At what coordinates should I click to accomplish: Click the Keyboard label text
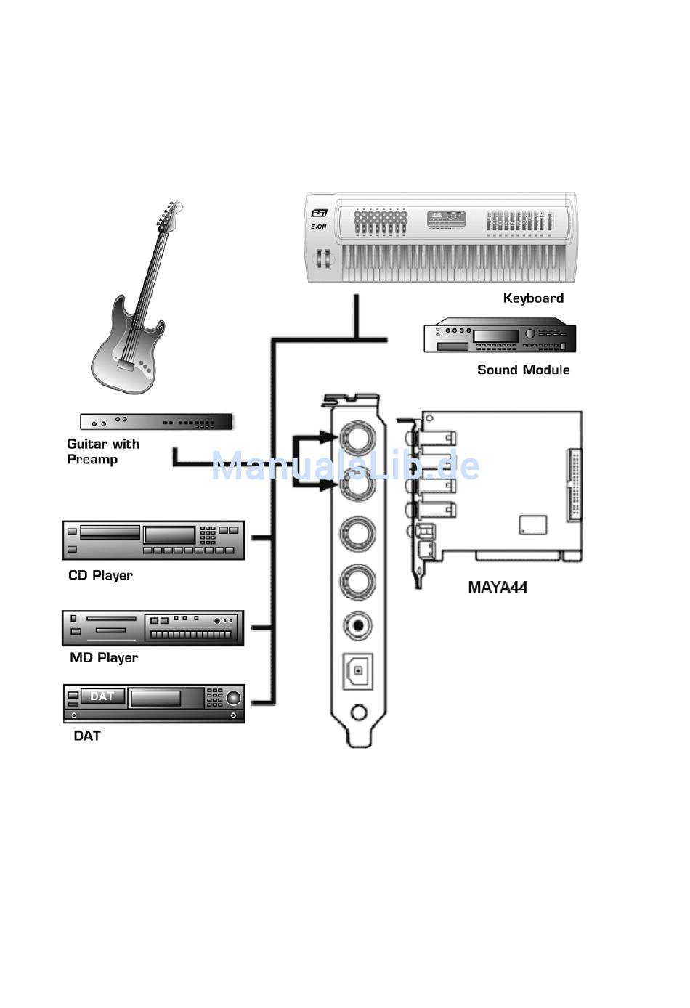click(x=533, y=298)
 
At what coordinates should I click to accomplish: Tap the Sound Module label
click(x=523, y=370)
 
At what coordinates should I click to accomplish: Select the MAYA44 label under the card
click(x=498, y=588)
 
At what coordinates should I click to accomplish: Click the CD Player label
click(x=100, y=576)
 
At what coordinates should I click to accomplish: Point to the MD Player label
click(x=104, y=657)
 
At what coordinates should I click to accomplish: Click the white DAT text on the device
click(x=102, y=696)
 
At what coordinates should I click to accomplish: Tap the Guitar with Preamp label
click(x=103, y=452)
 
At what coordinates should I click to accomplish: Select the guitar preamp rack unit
click(x=156, y=422)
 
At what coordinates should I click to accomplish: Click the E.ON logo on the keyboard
click(x=319, y=227)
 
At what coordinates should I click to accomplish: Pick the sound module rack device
click(x=500, y=336)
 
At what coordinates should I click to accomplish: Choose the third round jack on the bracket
click(x=358, y=534)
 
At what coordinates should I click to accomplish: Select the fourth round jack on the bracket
click(x=358, y=582)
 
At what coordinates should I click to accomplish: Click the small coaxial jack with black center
click(x=358, y=625)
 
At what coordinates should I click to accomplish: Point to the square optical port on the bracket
click(x=358, y=671)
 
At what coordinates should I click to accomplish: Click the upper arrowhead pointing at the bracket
click(x=328, y=437)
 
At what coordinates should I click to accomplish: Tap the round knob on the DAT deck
click(x=233, y=698)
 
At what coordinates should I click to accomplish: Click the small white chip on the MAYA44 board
click(x=533, y=525)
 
